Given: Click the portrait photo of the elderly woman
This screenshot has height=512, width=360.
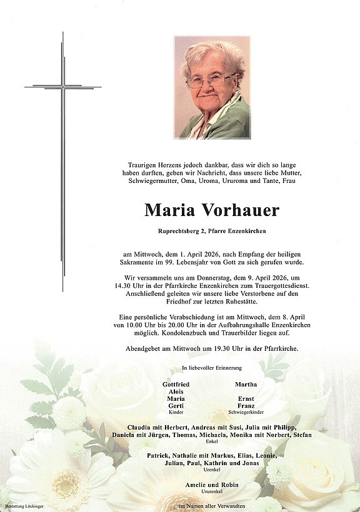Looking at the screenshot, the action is (212, 87).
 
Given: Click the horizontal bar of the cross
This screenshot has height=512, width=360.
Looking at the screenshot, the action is (62, 86).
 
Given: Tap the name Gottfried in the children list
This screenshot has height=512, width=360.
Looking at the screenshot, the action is (176, 384).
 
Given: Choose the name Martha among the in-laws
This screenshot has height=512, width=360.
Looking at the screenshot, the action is (246, 384).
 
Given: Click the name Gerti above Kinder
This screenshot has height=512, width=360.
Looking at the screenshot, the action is (176, 406).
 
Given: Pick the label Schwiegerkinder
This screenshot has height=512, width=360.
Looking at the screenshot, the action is (246, 413).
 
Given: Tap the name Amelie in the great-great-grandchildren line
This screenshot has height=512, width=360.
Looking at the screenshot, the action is (196, 485).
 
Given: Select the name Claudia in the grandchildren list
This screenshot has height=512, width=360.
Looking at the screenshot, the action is (142, 426).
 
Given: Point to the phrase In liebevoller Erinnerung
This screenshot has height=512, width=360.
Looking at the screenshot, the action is (212, 368).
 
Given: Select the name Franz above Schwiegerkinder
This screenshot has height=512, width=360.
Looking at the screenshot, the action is (246, 406).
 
